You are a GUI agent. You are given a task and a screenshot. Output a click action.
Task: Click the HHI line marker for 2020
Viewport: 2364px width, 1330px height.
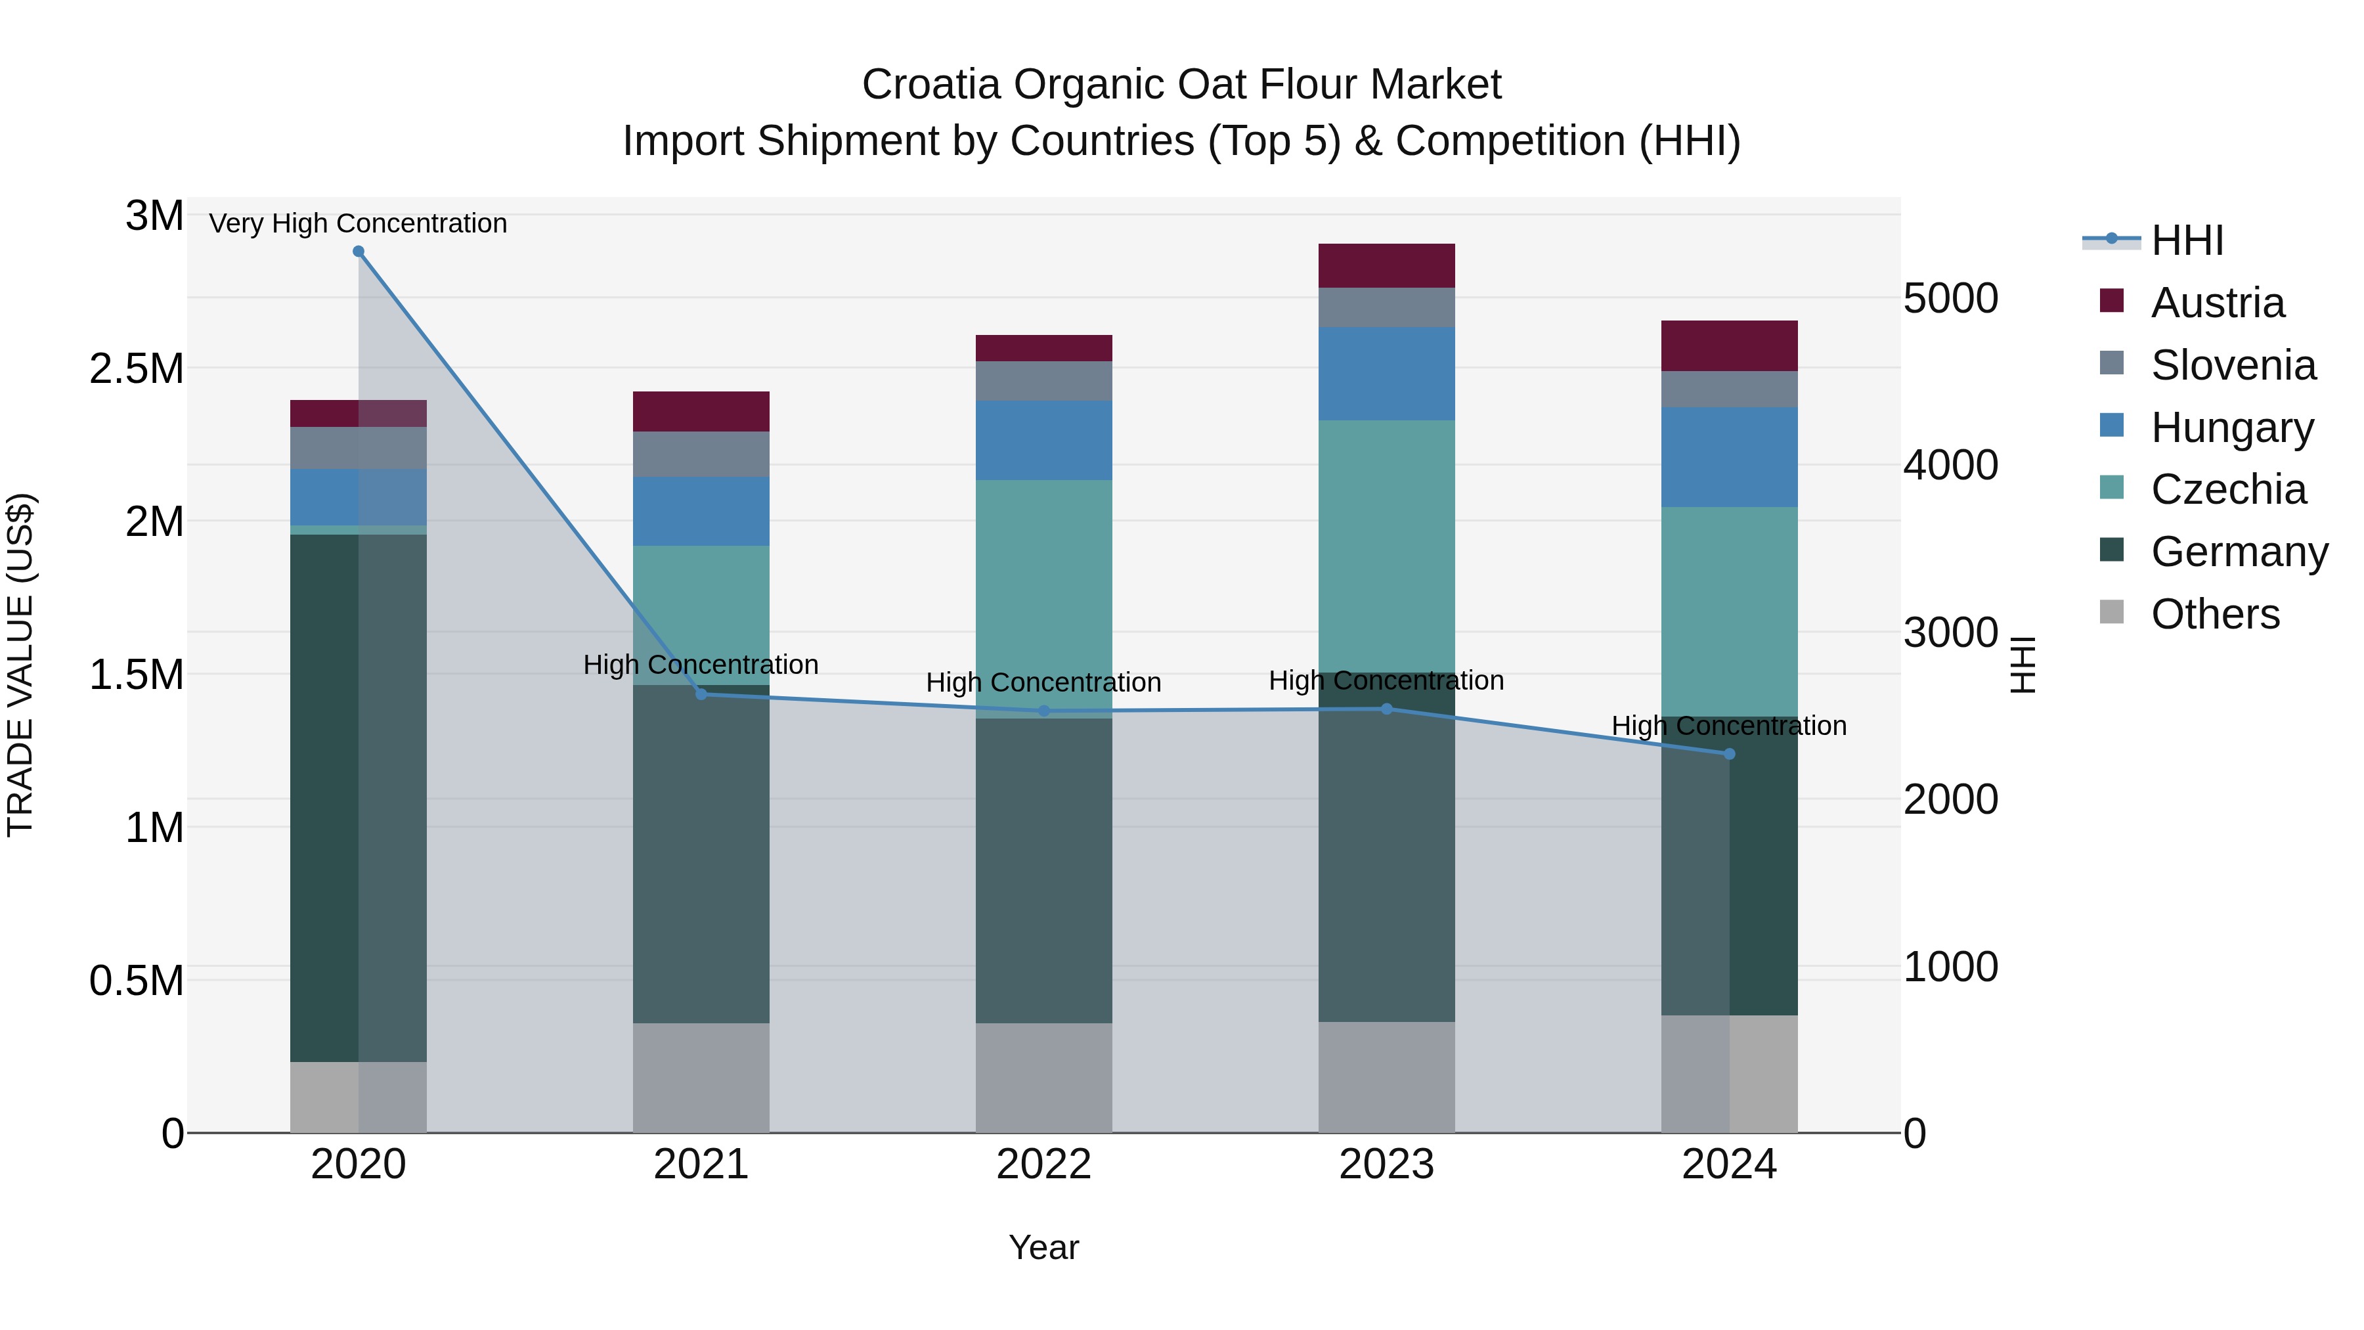(x=359, y=252)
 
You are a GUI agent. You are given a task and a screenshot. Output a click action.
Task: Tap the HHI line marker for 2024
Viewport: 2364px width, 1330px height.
(x=1729, y=753)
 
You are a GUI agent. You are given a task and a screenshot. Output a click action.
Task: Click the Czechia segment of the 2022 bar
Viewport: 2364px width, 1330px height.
(x=1043, y=596)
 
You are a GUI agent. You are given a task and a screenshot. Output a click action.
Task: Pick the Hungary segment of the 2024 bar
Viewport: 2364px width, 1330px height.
(x=1729, y=457)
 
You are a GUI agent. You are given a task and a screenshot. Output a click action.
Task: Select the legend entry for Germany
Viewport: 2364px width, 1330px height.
(x=2239, y=552)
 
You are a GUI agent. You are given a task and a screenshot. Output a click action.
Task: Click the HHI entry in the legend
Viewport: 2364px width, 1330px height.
(x=2187, y=240)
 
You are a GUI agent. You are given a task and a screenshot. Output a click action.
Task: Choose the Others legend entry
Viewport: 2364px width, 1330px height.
(x=2214, y=614)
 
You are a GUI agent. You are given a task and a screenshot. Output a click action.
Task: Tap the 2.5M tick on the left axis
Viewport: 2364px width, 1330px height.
(x=136, y=369)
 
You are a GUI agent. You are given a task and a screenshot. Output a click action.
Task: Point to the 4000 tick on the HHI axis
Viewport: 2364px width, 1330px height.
(x=1950, y=466)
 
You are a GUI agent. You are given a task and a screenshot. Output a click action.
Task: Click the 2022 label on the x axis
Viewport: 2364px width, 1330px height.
(x=1043, y=1164)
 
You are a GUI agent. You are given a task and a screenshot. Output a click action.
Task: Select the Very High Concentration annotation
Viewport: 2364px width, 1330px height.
(x=358, y=223)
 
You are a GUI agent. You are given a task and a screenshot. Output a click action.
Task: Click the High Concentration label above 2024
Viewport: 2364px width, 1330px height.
(x=1729, y=725)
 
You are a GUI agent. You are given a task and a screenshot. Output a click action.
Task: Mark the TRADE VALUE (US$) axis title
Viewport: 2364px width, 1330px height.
(x=20, y=665)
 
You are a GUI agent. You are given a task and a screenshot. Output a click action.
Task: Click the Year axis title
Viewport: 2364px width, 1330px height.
(x=1043, y=1247)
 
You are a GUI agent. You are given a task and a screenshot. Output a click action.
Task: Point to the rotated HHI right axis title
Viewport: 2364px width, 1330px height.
(x=2022, y=665)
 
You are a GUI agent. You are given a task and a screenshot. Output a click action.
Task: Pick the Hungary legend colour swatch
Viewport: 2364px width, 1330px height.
(x=2112, y=425)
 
